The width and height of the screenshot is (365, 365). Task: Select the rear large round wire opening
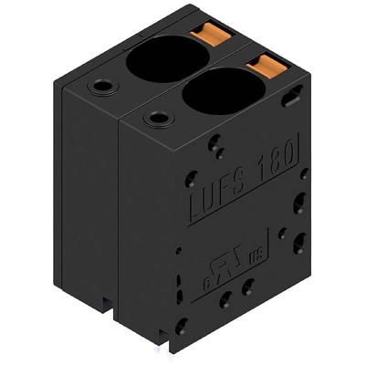pos(166,61)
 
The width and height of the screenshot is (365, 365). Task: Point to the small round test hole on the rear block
pos(99,88)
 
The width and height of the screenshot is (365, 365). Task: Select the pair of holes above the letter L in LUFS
pos(215,146)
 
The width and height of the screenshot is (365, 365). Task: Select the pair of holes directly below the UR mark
pos(235,293)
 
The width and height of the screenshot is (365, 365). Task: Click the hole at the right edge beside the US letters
pos(300,242)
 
